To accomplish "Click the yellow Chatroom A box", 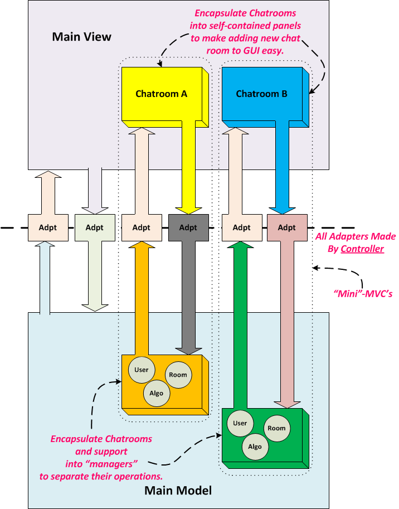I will click(x=161, y=94).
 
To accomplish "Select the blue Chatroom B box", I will click(x=261, y=94).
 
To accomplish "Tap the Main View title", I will click(x=82, y=37).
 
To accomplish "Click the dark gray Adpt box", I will click(x=188, y=227).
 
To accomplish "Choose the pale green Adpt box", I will click(x=94, y=227).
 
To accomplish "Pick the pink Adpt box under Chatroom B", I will click(x=286, y=227).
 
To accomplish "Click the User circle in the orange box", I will click(x=141, y=370).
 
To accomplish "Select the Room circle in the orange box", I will click(x=178, y=375).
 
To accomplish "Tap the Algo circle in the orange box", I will click(x=157, y=393).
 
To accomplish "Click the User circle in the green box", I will click(x=240, y=423).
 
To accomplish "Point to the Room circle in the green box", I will click(x=276, y=428).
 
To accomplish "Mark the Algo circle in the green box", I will click(x=255, y=447).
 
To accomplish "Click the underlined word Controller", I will click(x=362, y=249).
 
